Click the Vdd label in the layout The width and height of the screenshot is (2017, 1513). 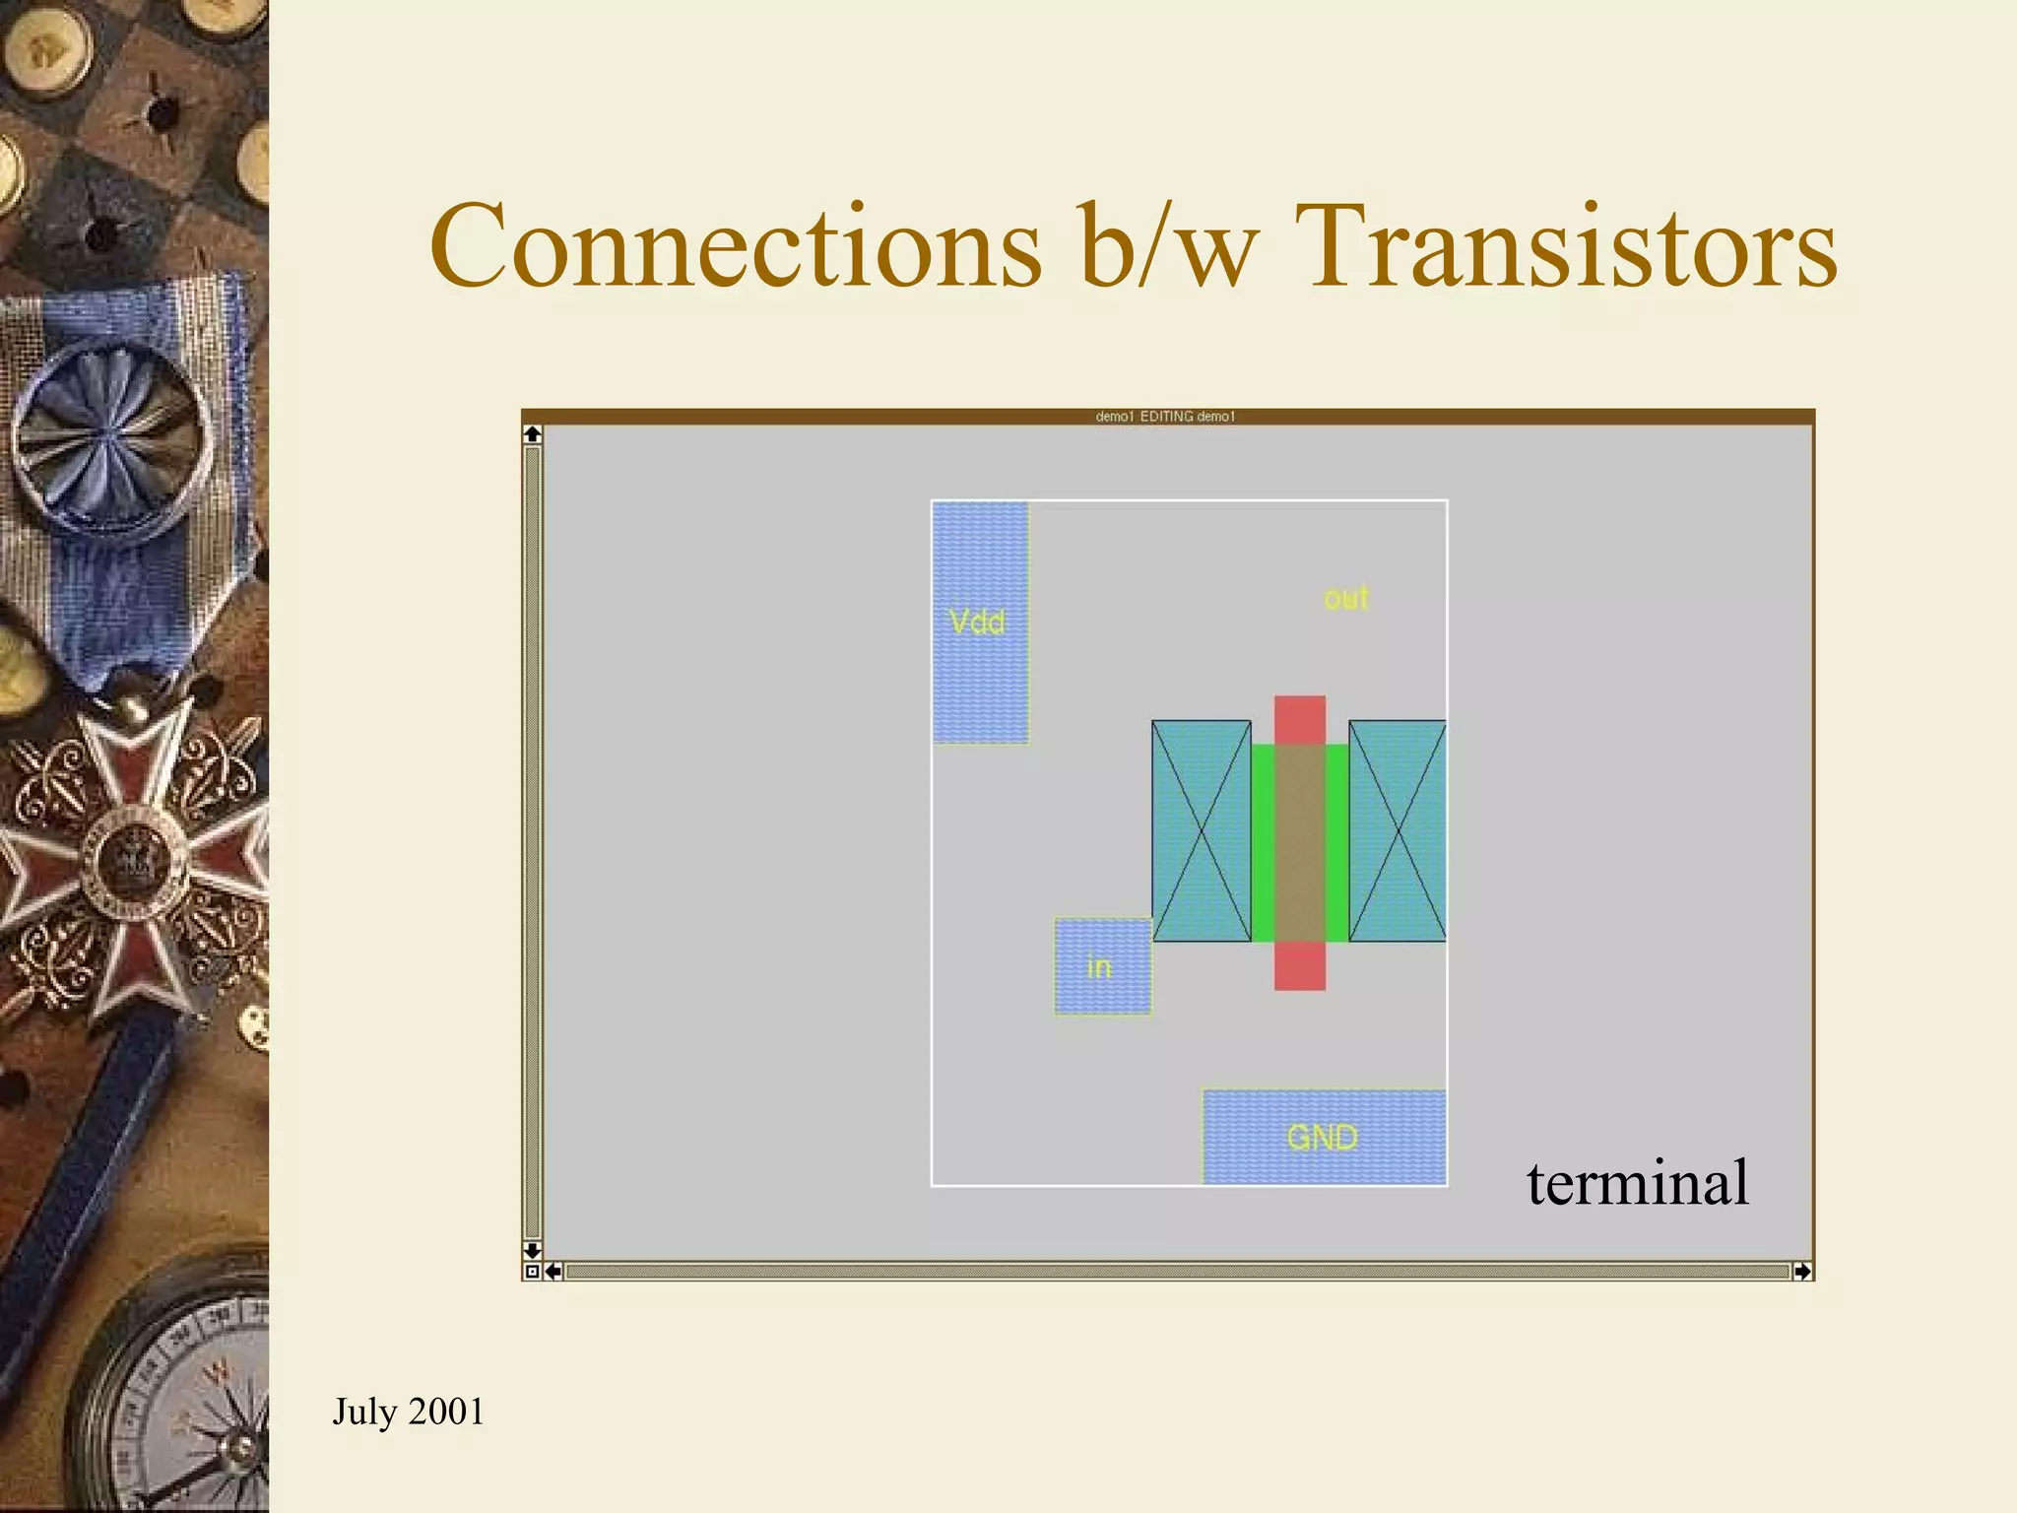tap(977, 623)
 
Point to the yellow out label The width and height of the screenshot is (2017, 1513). tap(1346, 598)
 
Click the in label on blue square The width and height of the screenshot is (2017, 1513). tap(1099, 967)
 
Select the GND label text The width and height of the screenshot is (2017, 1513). tap(1322, 1138)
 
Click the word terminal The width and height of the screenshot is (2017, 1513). tap(1637, 1183)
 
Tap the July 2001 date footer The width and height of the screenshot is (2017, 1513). tap(408, 1412)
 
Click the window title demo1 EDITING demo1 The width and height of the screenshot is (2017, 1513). tap(1165, 417)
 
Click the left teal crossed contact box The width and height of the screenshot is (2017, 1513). tap(1201, 831)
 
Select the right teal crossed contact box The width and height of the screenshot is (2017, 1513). tap(1397, 831)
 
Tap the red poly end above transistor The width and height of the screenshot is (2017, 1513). tap(1299, 719)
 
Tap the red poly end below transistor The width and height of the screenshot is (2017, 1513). tap(1299, 965)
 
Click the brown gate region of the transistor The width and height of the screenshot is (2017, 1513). tap(1299, 842)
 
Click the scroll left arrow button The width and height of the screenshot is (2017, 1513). tap(553, 1272)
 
